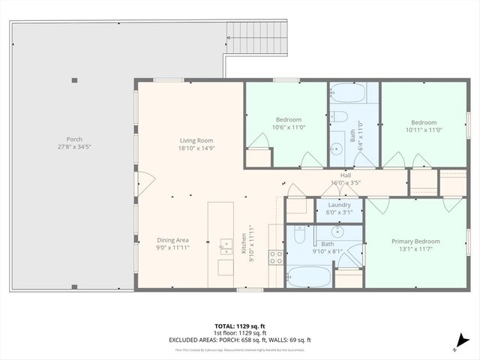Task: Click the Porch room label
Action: click(x=74, y=139)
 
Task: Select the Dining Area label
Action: click(x=172, y=240)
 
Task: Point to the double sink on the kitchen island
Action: click(x=225, y=244)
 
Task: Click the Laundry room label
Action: click(x=340, y=205)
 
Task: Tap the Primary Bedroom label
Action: click(x=415, y=241)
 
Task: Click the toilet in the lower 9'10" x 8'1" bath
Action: click(x=298, y=237)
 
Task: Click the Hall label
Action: click(x=346, y=175)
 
